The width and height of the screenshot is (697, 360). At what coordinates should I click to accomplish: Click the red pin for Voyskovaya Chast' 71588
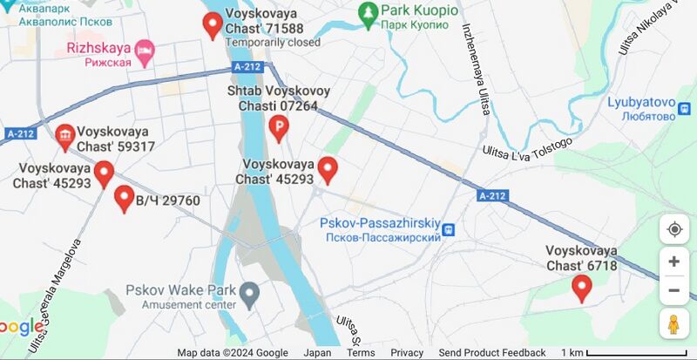[x=212, y=24]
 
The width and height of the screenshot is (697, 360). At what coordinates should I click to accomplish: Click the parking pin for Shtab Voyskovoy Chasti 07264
[x=279, y=129]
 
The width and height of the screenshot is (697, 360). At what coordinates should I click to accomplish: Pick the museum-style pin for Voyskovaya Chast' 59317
[x=64, y=136]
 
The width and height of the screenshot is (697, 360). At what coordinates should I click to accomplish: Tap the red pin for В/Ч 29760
[x=124, y=199]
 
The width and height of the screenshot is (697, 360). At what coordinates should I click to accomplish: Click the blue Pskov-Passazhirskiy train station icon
[x=449, y=230]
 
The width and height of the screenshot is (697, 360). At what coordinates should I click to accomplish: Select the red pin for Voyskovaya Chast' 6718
[x=581, y=287]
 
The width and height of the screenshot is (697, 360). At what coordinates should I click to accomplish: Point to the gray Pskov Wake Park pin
[x=250, y=295]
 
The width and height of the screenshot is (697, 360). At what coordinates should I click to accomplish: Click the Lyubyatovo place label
[x=642, y=109]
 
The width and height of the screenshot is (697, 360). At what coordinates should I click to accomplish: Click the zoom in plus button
[x=673, y=262]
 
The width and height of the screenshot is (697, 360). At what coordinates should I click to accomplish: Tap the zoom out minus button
[x=673, y=290]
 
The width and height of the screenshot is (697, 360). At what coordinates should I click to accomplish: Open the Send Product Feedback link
[x=492, y=353]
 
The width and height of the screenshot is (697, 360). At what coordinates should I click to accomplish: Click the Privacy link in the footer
[x=407, y=353]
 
